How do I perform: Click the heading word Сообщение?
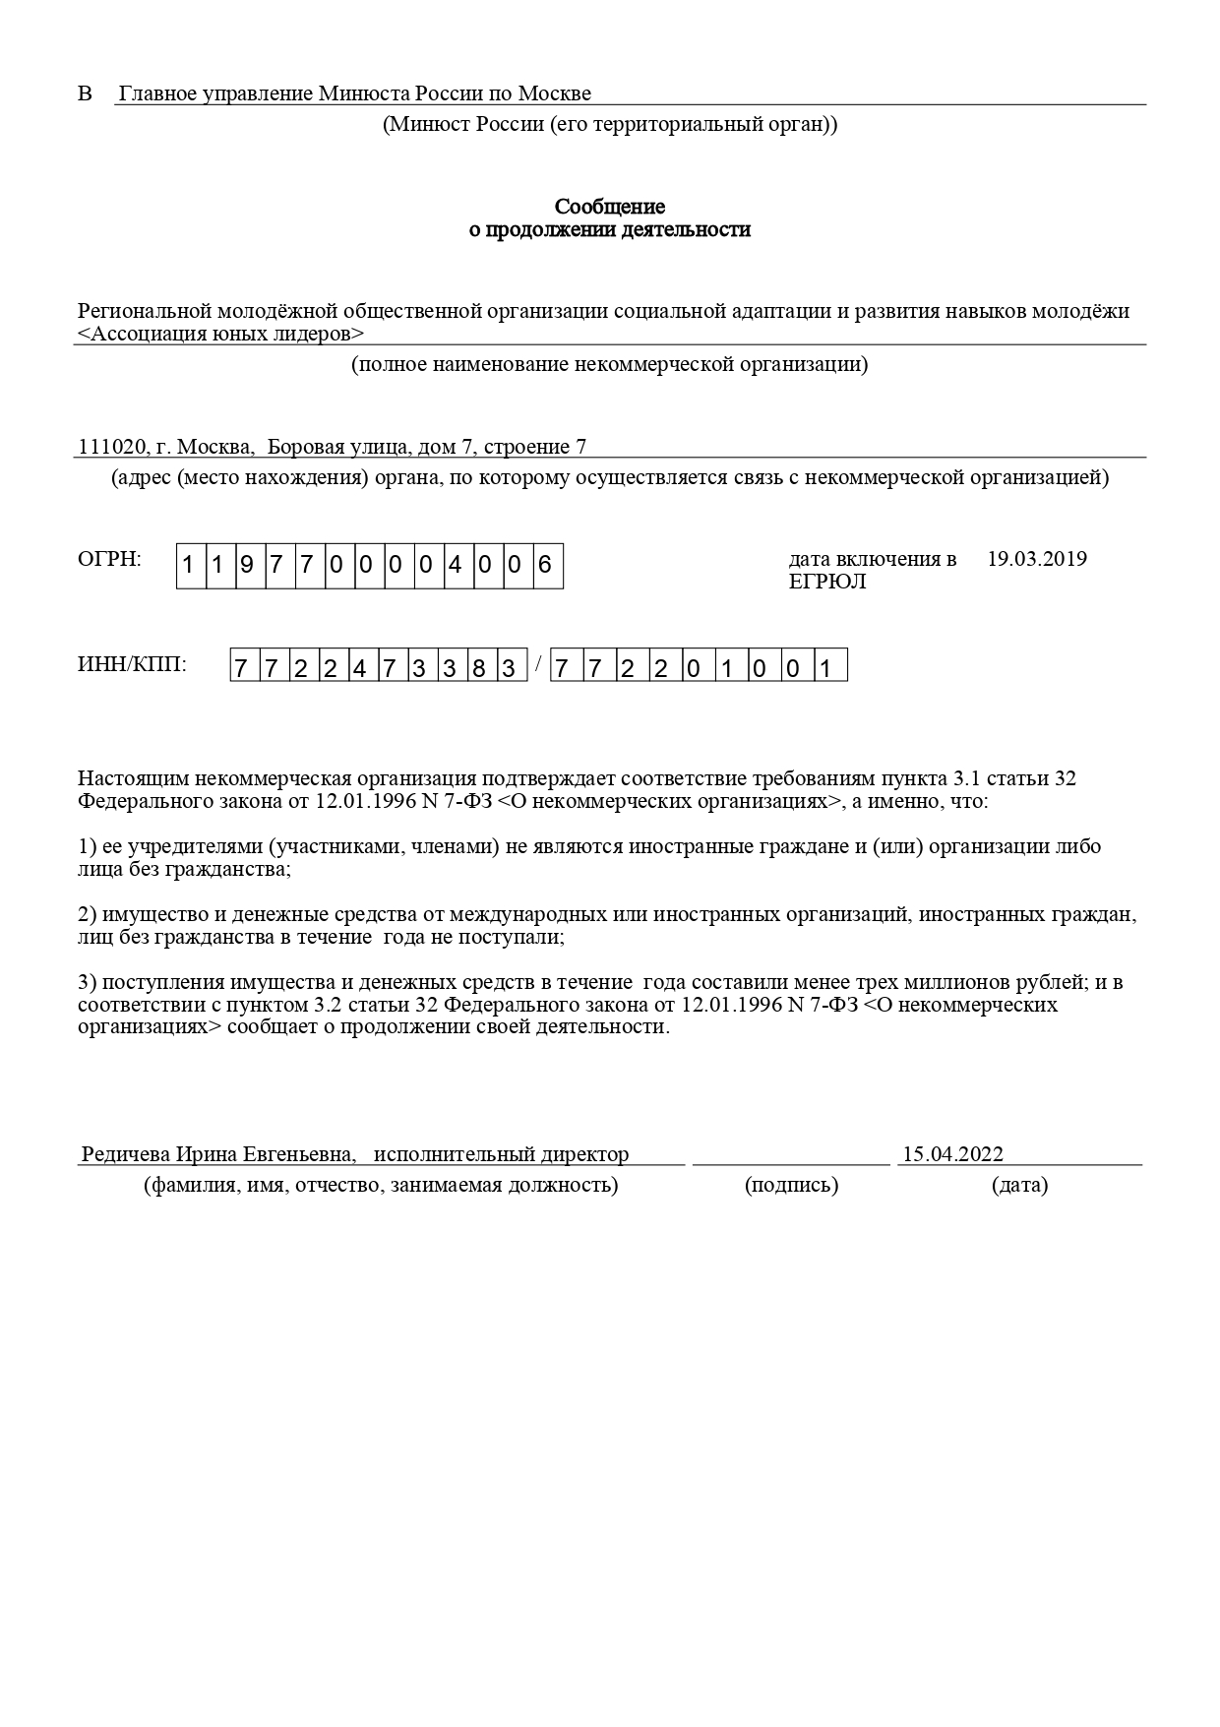(x=609, y=207)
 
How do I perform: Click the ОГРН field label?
(x=109, y=560)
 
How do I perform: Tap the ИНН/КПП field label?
(x=131, y=664)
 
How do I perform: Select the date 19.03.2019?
(x=1036, y=560)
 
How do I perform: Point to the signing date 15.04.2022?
(x=952, y=1154)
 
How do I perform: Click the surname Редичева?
(x=126, y=1154)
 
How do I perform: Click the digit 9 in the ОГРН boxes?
(x=246, y=567)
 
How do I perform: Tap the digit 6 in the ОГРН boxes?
(x=546, y=567)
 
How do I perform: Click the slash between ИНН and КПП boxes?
(x=538, y=663)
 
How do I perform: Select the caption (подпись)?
(x=791, y=1185)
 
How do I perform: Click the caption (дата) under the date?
(x=1019, y=1185)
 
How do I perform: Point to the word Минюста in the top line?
(x=363, y=94)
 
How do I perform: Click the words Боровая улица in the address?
(x=338, y=448)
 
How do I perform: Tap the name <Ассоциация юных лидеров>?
(x=220, y=334)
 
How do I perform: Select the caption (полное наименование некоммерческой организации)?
(x=609, y=365)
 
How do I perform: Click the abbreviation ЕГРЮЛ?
(x=826, y=582)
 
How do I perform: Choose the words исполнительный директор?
(x=501, y=1154)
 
